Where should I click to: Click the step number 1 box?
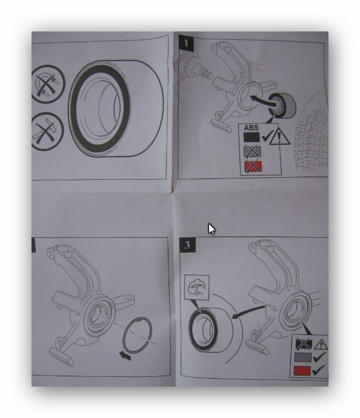(186, 43)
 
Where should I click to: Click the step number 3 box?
(187, 245)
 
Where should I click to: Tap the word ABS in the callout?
(251, 128)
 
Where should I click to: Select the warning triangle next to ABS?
(279, 137)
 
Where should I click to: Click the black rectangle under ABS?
(252, 137)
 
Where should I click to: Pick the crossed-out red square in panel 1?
(253, 166)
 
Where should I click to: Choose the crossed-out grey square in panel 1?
(252, 151)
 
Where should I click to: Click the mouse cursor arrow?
(212, 229)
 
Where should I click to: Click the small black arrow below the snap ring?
(125, 355)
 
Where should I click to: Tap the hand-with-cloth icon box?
(197, 288)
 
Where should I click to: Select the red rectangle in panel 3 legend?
(302, 371)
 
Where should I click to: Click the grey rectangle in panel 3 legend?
(303, 358)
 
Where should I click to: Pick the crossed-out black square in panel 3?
(304, 344)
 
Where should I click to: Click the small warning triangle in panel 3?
(321, 344)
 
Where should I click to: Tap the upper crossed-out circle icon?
(47, 83)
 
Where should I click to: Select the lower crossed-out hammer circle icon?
(46, 131)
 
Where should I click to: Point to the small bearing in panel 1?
(281, 106)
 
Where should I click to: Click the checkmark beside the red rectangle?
(318, 370)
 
